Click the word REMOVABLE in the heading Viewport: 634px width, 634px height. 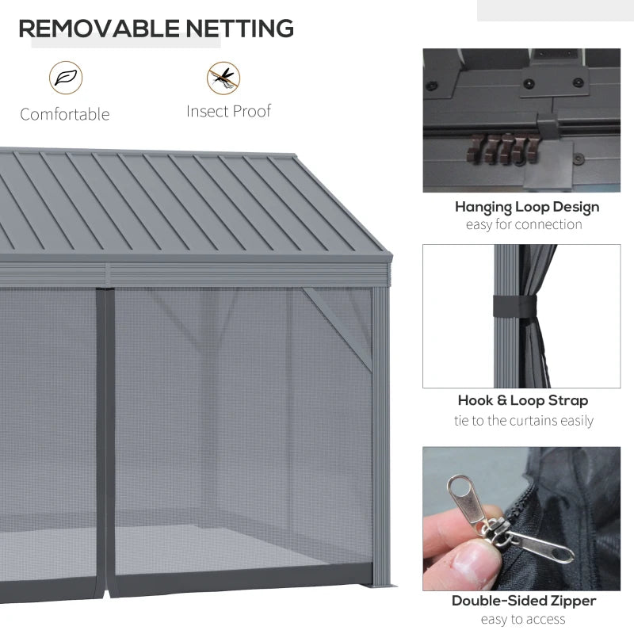coord(99,29)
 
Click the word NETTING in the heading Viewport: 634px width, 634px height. coord(239,29)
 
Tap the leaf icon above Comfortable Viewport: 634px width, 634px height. coord(65,77)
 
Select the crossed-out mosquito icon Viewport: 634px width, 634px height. coord(224,77)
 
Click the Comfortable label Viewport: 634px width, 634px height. coord(65,114)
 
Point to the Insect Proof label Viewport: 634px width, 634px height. coord(229,111)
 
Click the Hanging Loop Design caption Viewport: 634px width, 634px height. coord(527,207)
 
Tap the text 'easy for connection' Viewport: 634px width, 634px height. coord(524,224)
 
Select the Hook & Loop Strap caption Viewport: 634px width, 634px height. coord(523,401)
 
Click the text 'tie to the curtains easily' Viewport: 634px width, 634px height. coord(525,420)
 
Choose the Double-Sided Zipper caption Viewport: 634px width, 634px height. coord(523,601)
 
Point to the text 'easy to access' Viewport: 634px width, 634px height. coord(523,619)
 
